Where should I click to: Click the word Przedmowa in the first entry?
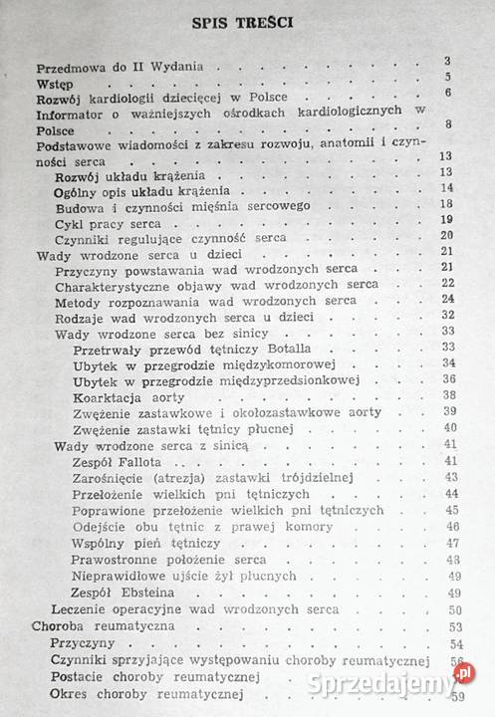69,69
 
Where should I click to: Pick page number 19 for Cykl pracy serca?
446,220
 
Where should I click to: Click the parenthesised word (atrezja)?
184,478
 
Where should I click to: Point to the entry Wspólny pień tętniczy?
132,543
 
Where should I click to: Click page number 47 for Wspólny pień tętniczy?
453,543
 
